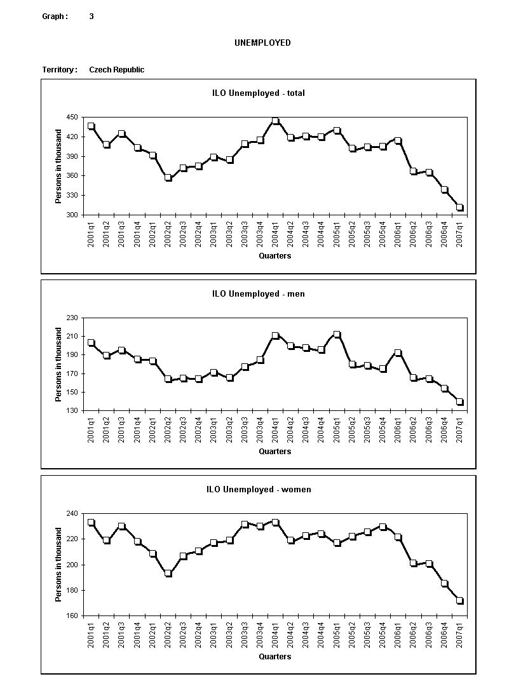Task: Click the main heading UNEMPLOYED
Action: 262,43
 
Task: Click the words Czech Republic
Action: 116,70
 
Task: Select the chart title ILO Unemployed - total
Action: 258,93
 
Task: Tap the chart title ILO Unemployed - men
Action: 258,294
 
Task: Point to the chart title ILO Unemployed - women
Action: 259,490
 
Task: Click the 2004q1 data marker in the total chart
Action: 275,121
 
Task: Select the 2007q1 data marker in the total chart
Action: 459,208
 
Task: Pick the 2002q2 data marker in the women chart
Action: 168,574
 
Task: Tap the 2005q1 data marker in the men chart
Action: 337,335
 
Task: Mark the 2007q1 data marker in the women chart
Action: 459,601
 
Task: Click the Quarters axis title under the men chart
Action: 274,452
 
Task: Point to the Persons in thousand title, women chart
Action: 58,565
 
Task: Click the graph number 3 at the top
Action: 91,17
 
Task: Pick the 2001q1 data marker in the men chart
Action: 91,343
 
